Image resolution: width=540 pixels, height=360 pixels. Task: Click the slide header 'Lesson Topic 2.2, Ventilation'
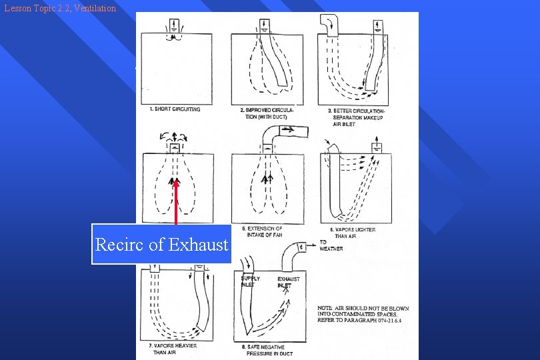(x=59, y=9)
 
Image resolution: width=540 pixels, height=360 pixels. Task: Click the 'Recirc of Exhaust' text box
(x=161, y=244)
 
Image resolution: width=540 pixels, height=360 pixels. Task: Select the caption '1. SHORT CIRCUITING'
(x=175, y=109)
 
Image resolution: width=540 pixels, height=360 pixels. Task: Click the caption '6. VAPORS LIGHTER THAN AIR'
(x=353, y=233)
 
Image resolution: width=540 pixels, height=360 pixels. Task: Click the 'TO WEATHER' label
(x=331, y=245)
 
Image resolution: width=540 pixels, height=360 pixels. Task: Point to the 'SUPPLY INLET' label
(x=250, y=281)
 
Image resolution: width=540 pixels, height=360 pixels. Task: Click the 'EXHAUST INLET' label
(x=288, y=281)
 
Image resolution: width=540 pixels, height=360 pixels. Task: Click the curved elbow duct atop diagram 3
(x=329, y=24)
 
